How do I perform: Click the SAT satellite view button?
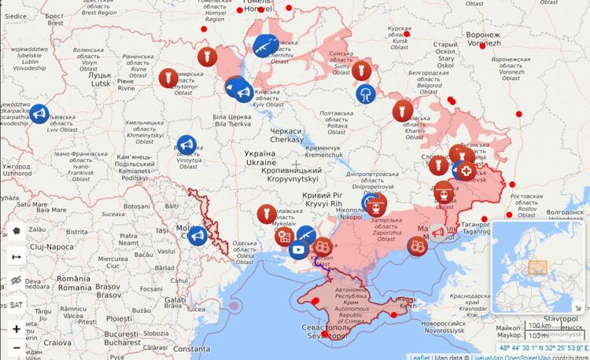(x=16, y=304)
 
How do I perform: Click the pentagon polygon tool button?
(x=16, y=231)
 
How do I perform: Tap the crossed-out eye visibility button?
(x=16, y=280)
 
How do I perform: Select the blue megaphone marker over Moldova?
(x=197, y=234)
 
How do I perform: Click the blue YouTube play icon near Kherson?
(x=297, y=249)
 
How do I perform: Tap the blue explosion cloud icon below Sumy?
(x=366, y=94)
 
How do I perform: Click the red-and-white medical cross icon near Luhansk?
(x=466, y=171)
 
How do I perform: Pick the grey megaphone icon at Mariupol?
(x=437, y=231)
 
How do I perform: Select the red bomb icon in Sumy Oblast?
(x=362, y=70)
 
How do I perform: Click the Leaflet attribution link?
(x=421, y=356)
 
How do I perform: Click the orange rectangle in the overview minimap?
(x=537, y=267)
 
